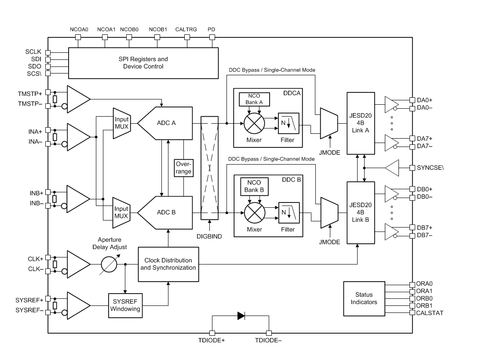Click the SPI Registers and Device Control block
pyautogui.click(x=143, y=62)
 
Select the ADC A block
pyautogui.click(x=166, y=123)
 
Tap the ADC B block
pyautogui.click(x=166, y=212)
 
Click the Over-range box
pyautogui.click(x=183, y=168)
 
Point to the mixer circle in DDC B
pyautogui.click(x=254, y=213)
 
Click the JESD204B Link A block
pyautogui.click(x=360, y=123)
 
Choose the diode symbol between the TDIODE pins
pyautogui.click(x=241, y=315)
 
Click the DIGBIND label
pyautogui.click(x=209, y=236)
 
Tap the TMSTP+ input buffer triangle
pyautogui.click(x=77, y=99)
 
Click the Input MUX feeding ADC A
pyautogui.click(x=121, y=123)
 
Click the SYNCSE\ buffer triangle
pyautogui.click(x=393, y=168)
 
